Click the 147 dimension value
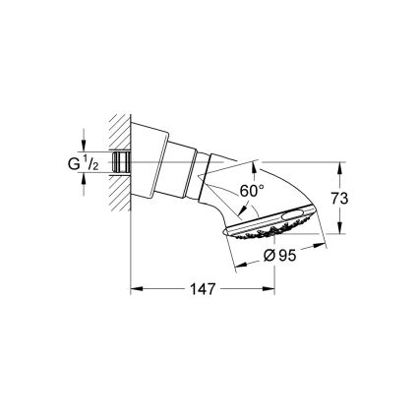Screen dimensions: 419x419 (203, 289)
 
